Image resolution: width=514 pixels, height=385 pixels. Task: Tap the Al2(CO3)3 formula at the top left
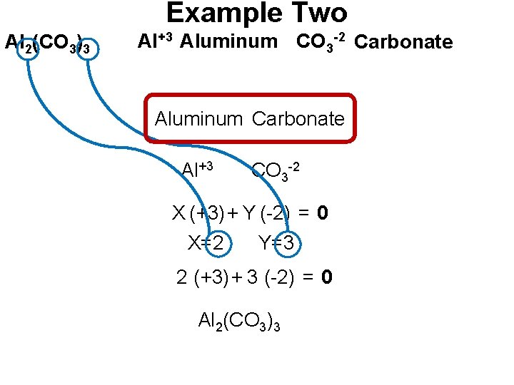click(48, 44)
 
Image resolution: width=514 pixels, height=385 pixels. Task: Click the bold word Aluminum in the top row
click(228, 41)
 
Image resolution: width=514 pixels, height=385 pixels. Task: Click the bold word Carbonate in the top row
click(403, 42)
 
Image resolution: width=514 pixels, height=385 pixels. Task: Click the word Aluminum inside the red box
click(199, 119)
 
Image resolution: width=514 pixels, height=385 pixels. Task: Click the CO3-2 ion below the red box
click(275, 170)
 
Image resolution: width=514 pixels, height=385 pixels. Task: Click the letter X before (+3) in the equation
click(178, 212)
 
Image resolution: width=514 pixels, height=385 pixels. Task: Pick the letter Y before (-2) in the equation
click(248, 212)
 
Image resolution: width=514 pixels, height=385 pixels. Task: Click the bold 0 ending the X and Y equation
click(323, 213)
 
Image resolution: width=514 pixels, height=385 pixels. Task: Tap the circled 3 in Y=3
click(288, 243)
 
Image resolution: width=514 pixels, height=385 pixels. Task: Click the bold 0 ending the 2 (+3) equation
click(327, 277)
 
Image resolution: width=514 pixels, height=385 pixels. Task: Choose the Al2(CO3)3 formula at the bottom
click(239, 322)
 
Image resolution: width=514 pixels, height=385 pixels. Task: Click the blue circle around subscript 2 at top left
click(29, 49)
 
